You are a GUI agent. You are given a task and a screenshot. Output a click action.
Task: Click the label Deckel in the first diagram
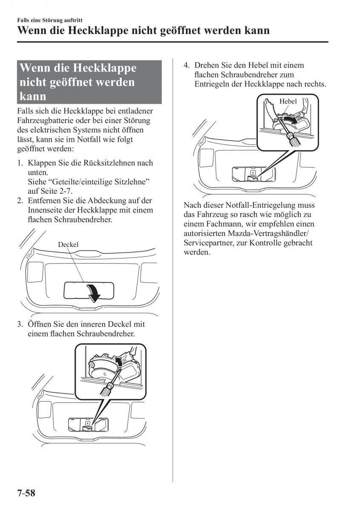(68, 244)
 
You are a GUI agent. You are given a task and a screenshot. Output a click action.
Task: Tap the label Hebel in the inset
(288, 101)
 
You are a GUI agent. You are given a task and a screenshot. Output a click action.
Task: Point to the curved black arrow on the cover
(93, 292)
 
